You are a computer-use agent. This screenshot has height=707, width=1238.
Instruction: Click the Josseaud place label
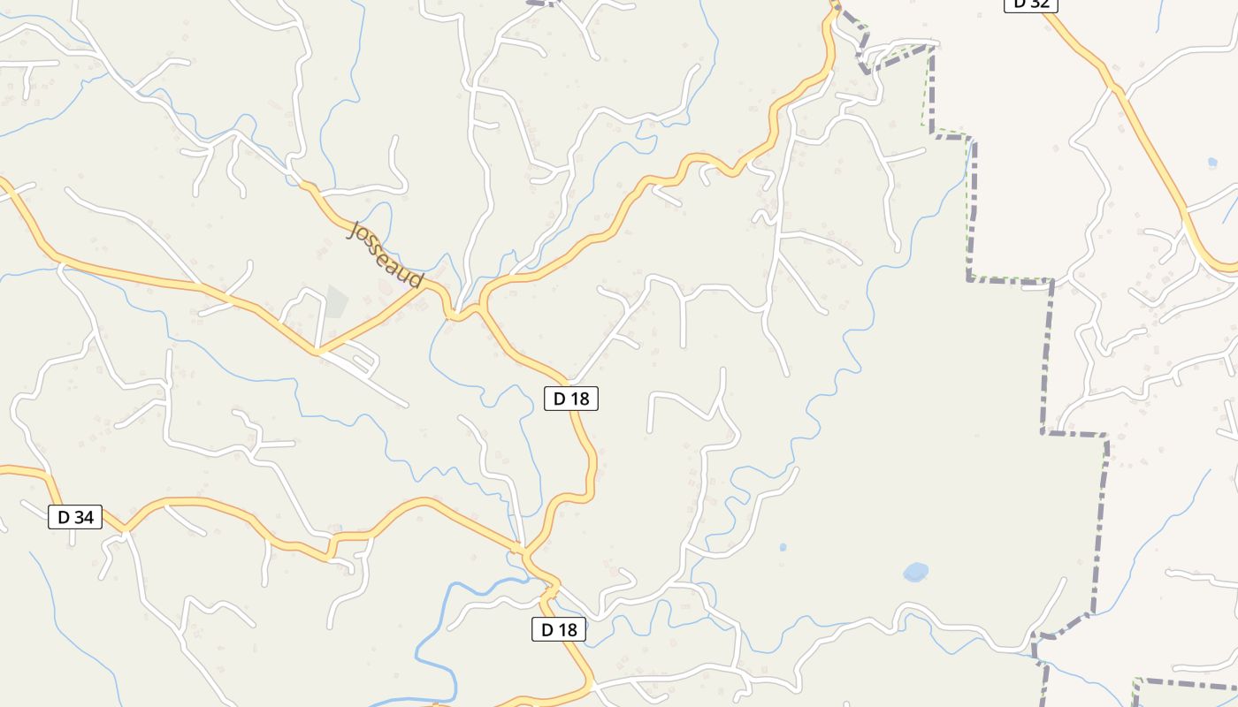pos(386,255)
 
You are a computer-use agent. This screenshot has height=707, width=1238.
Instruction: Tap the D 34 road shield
pos(75,517)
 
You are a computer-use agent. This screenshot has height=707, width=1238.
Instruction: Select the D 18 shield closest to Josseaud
pos(571,399)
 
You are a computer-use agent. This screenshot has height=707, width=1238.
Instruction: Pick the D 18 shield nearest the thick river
pos(559,629)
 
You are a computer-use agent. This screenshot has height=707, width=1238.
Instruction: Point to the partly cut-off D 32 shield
pos(1031,4)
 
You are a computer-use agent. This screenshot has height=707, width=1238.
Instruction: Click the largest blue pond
pos(916,572)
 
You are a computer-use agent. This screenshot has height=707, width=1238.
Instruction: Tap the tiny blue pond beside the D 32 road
pos(1211,163)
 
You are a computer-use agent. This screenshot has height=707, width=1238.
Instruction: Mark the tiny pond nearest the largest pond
pos(783,548)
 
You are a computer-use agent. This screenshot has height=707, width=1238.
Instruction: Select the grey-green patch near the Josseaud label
pos(336,300)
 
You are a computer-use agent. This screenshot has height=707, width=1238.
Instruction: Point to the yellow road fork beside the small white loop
pos(318,351)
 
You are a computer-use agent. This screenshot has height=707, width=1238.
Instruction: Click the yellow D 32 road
pos(1150,141)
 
